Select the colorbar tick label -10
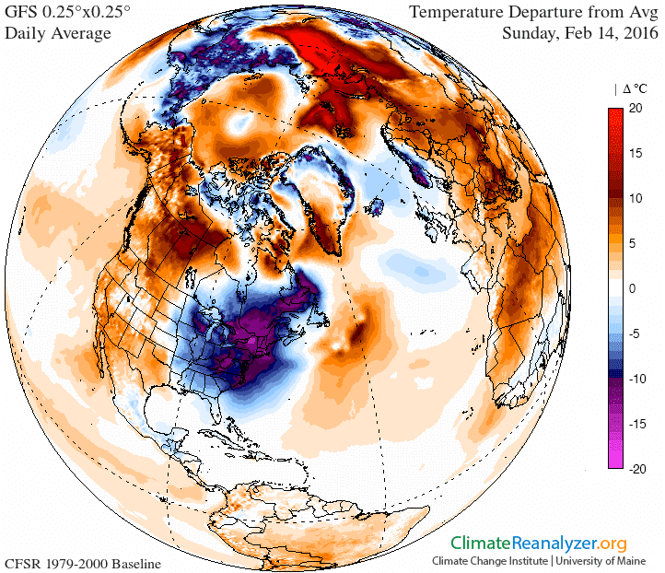(x=642, y=379)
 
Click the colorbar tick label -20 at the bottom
(x=642, y=468)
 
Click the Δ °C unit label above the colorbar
(x=636, y=89)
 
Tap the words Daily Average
(x=58, y=33)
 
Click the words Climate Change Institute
(x=488, y=560)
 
